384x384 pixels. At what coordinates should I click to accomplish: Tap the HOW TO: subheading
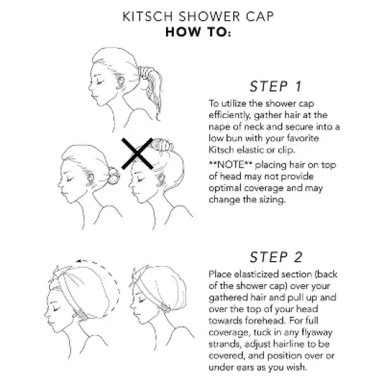pos(192,32)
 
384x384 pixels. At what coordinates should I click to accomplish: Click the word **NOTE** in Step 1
pos(230,163)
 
